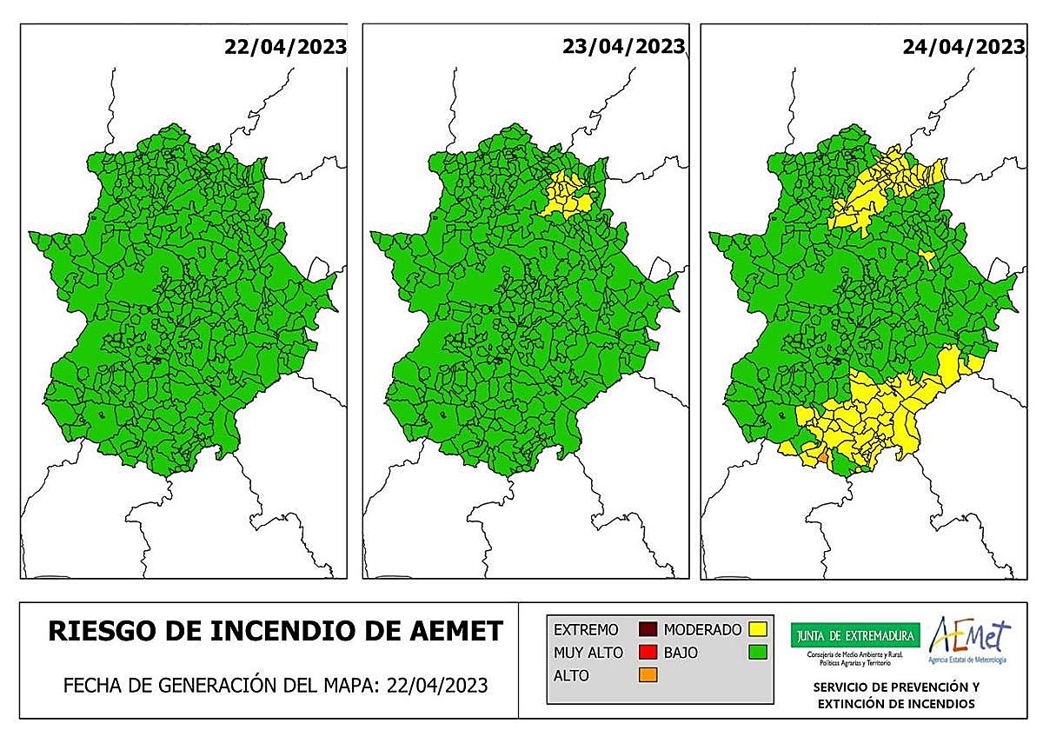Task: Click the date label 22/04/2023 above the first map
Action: (x=284, y=46)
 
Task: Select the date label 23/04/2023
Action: (x=623, y=46)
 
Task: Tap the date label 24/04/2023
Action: (x=963, y=46)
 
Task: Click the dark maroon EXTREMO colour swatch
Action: (x=647, y=629)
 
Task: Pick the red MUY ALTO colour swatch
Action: (x=647, y=652)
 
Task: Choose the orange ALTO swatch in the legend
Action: (x=647, y=674)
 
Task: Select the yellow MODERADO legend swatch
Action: (x=756, y=629)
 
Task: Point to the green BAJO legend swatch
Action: (x=756, y=652)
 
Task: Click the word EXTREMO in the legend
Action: (x=586, y=629)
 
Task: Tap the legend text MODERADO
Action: (x=702, y=629)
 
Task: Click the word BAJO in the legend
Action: (x=681, y=652)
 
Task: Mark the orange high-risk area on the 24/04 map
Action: (x=820, y=453)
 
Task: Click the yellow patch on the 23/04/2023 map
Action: (x=568, y=196)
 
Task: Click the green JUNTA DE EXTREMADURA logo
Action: (x=854, y=634)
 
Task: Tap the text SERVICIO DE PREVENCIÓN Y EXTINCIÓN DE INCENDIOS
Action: (x=895, y=694)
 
